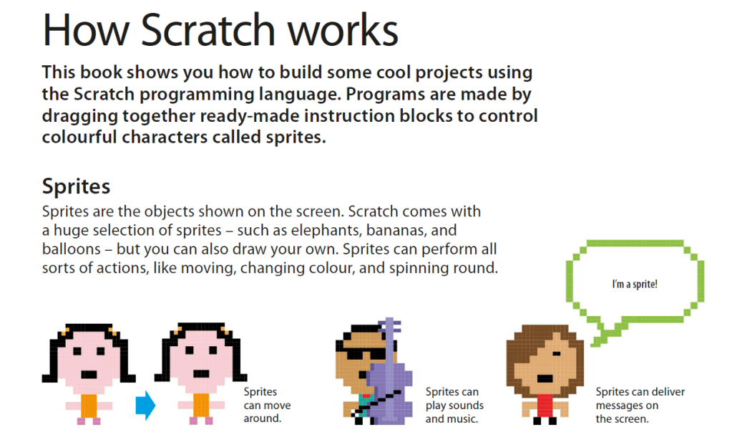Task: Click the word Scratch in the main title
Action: point(208,30)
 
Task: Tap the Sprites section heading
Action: point(76,187)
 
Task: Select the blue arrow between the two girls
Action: point(145,406)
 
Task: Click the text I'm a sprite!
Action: point(635,284)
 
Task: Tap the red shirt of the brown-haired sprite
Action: point(545,406)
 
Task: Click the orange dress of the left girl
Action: point(89,406)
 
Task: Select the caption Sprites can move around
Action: point(267,405)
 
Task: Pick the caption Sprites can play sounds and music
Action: point(454,405)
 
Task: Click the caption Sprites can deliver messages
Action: point(640,405)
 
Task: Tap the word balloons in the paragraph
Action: point(72,249)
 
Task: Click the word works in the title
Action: point(342,30)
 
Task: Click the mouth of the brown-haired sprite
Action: point(545,378)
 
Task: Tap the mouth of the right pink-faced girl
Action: point(201,373)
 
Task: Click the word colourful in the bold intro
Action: point(79,138)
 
